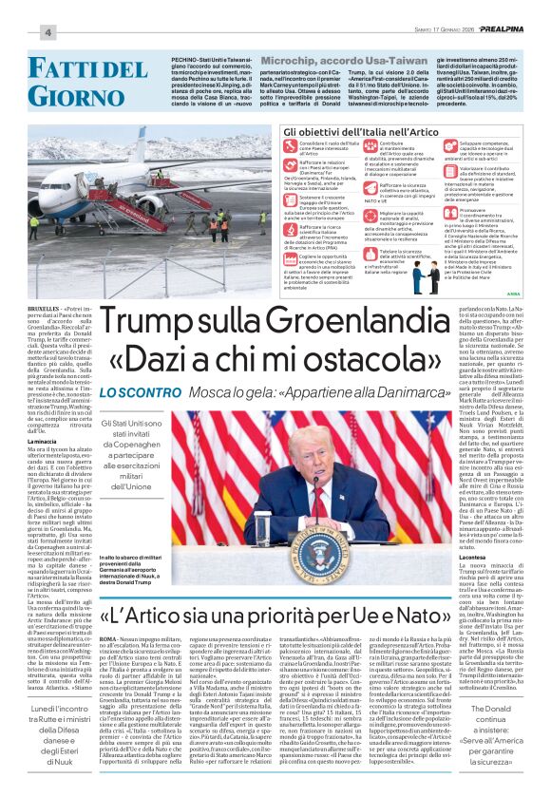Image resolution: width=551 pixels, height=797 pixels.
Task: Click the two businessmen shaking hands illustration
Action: [419, 275]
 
